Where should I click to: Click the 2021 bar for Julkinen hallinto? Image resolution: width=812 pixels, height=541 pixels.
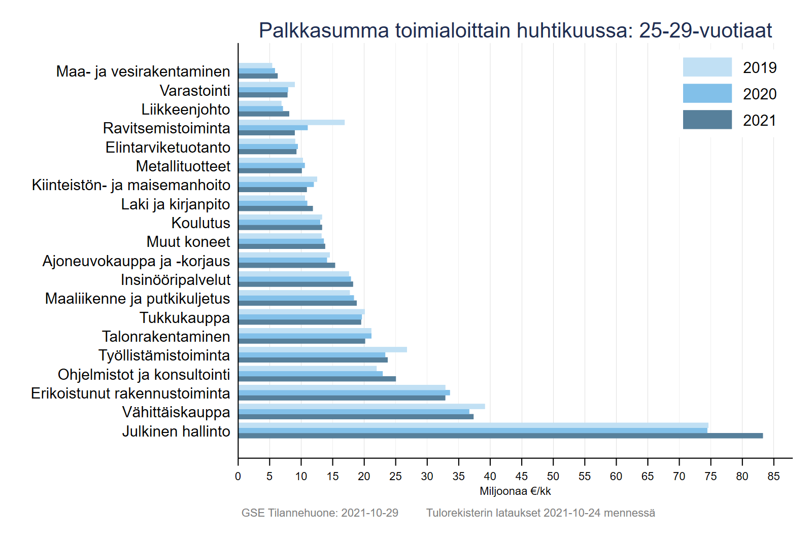(500, 436)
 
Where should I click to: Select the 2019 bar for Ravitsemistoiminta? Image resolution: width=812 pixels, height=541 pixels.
(291, 122)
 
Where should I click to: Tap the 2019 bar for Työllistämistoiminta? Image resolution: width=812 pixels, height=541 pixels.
(322, 349)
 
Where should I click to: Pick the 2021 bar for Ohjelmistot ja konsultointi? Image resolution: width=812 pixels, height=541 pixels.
(317, 379)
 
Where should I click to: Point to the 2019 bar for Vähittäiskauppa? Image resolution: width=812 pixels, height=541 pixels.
(361, 406)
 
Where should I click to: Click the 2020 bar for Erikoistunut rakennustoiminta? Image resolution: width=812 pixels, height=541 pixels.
(344, 392)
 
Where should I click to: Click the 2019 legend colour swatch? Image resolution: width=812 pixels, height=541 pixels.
(707, 67)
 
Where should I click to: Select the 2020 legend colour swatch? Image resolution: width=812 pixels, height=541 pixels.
(707, 93)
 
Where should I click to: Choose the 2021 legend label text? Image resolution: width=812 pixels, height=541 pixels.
(759, 120)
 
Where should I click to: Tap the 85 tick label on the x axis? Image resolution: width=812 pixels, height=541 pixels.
(773, 476)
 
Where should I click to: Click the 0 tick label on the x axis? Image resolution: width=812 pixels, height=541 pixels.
(238, 476)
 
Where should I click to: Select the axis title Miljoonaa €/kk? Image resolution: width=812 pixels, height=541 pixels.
(515, 491)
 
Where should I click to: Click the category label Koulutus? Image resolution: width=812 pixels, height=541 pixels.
(200, 223)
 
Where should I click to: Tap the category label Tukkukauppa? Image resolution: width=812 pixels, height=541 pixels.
(185, 317)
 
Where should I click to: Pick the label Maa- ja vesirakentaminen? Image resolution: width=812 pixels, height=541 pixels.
(143, 71)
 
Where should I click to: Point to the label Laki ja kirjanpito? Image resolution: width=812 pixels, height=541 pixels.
(176, 204)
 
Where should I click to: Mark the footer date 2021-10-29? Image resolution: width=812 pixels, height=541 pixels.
(369, 513)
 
